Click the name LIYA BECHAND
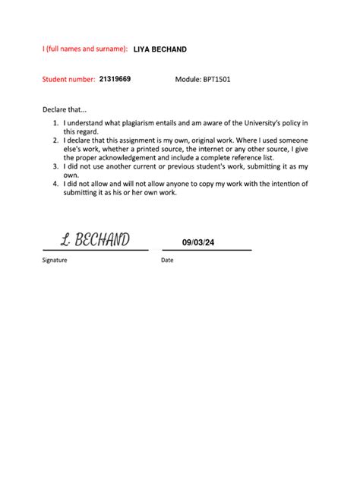pos(159,49)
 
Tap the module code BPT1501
pos(216,79)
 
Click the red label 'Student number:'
pos(68,79)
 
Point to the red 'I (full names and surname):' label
pos(84,49)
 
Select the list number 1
pos(55,123)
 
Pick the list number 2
pos(55,141)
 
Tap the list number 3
pos(55,166)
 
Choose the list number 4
pos(55,184)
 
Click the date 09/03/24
pos(199,243)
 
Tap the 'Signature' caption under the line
pos(55,260)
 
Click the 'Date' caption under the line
pos(167,260)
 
